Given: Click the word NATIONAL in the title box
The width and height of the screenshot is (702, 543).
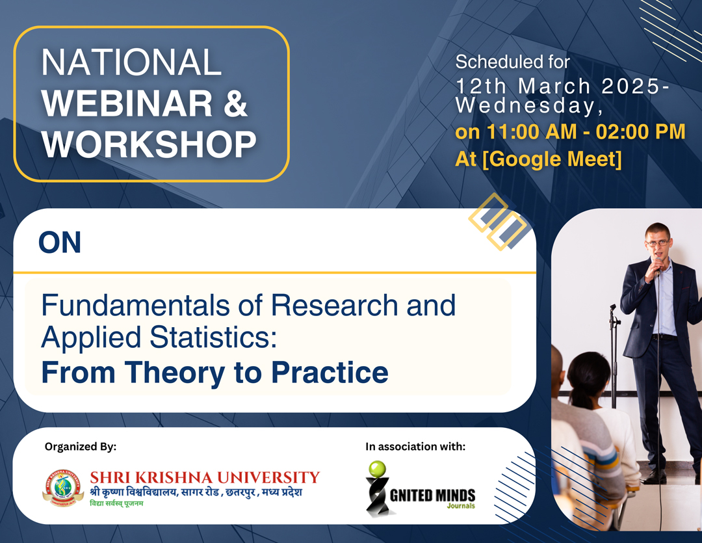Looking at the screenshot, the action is click(x=131, y=62).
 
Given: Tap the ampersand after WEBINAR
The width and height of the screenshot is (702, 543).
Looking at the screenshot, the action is click(x=235, y=103).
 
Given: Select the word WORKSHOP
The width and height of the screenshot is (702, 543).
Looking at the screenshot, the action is click(x=149, y=144).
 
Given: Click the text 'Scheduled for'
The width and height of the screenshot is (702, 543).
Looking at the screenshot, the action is click(x=513, y=62).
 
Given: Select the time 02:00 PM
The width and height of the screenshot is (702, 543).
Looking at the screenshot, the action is click(x=641, y=132).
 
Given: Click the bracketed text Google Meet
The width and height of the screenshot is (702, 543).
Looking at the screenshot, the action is click(x=552, y=159).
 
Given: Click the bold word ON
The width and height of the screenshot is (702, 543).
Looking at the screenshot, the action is click(x=60, y=243).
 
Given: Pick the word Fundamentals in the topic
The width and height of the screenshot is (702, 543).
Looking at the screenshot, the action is click(x=136, y=305).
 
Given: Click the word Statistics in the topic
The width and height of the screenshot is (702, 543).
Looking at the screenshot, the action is click(x=213, y=338).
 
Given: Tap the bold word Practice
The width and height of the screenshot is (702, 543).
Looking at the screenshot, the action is click(x=330, y=373).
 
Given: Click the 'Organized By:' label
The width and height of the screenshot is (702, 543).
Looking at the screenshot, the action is click(x=81, y=446).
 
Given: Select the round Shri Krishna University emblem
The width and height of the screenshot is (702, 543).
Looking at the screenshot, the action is click(x=63, y=488).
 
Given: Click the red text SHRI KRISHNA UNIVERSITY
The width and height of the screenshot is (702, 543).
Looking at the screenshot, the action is click(x=205, y=477).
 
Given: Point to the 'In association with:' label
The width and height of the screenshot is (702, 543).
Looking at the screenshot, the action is click(x=415, y=446).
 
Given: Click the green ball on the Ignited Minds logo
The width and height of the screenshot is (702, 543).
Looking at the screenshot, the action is click(x=377, y=469).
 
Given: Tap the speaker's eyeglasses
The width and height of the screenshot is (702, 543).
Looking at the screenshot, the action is click(x=657, y=243).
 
